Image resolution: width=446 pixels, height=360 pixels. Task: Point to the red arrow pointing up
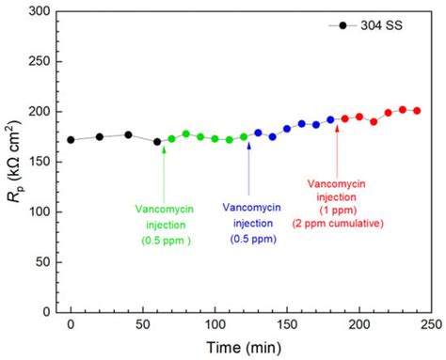click(x=337, y=150)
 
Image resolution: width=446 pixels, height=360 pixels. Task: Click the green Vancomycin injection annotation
click(x=164, y=225)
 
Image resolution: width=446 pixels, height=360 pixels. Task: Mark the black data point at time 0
click(x=71, y=139)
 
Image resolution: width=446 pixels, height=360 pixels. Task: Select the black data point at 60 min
click(x=157, y=141)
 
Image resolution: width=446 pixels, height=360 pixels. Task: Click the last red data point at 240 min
click(x=417, y=111)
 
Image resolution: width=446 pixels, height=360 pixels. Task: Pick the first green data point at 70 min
click(x=171, y=138)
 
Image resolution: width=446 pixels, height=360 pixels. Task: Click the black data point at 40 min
click(x=128, y=134)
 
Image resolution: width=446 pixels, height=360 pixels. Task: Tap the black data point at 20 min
click(x=100, y=136)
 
